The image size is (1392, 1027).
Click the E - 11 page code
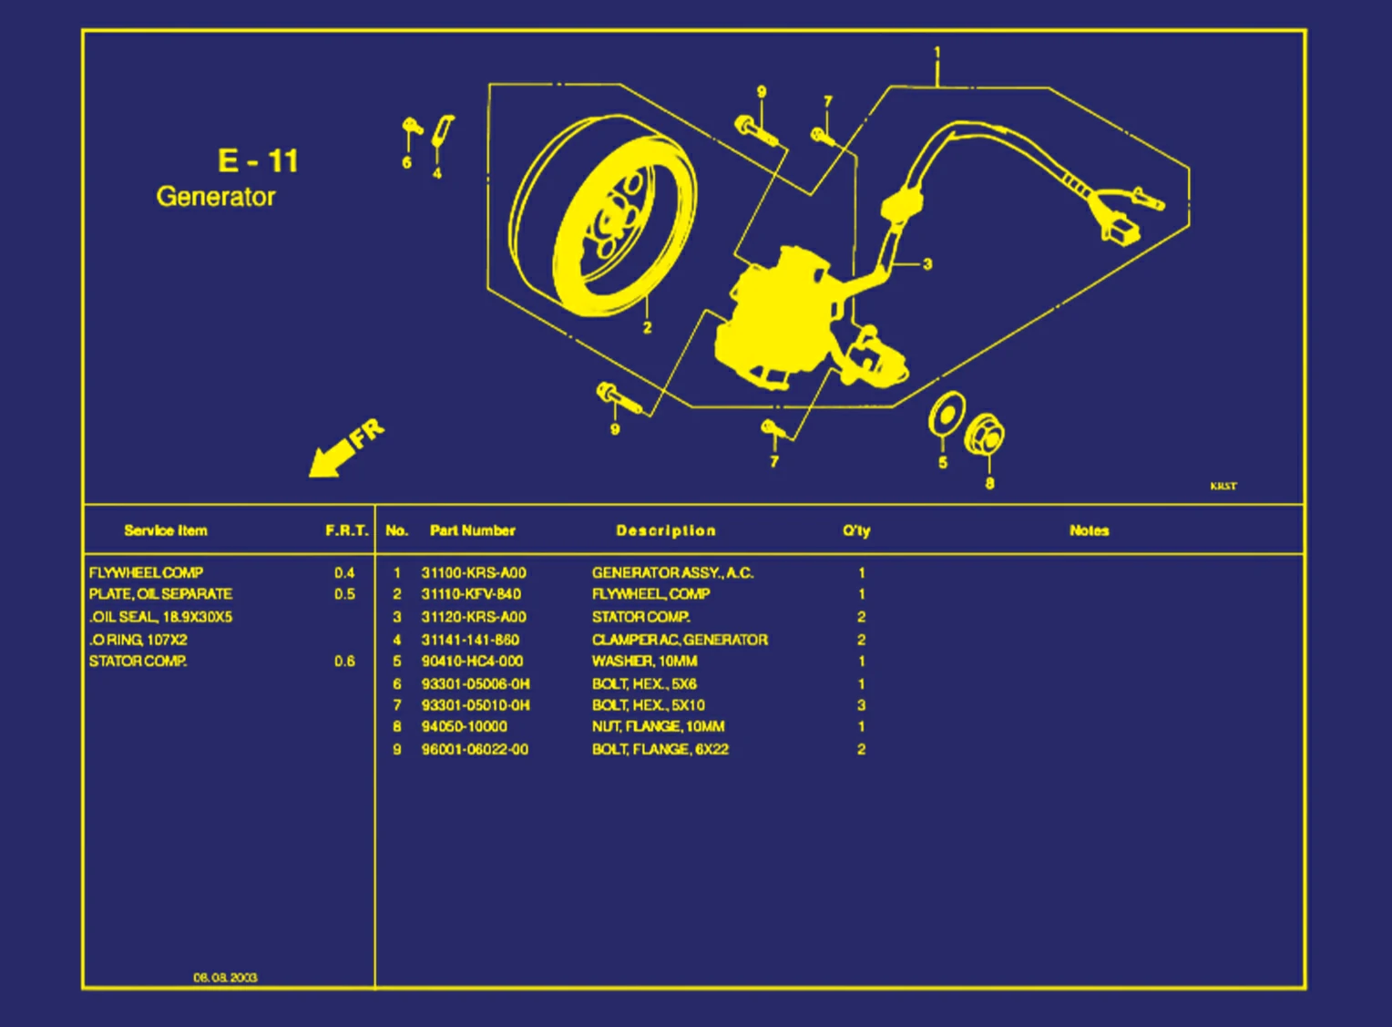coord(258,160)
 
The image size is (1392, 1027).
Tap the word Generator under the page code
coord(216,197)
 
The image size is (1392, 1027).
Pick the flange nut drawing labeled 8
coord(985,435)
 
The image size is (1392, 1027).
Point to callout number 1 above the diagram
coord(937,53)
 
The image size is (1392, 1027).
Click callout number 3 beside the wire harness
coord(927,264)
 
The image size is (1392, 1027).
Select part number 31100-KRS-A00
coord(474,573)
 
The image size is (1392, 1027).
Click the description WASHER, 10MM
coord(644,662)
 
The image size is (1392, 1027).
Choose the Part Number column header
coord(472,530)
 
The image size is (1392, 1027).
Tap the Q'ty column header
coord(856,530)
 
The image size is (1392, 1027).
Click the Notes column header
coord(1089,530)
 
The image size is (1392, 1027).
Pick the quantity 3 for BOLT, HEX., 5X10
coord(861,705)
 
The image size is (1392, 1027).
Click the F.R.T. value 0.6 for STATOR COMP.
coord(344,662)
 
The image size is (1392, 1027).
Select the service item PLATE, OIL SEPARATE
coord(160,594)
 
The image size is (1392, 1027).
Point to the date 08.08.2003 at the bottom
coord(225,978)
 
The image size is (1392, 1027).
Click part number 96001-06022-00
coord(475,750)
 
